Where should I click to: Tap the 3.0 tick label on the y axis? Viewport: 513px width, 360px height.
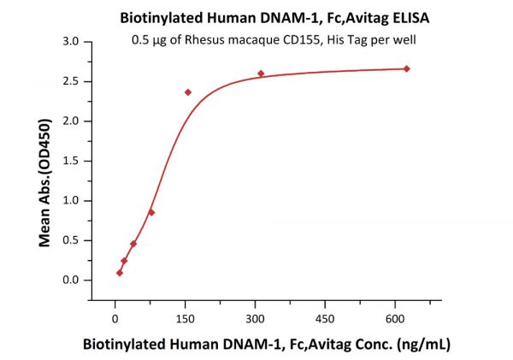coord(73,42)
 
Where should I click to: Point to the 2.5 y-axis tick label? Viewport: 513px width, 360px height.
coord(73,81)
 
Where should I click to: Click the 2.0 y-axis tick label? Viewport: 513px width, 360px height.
coord(73,121)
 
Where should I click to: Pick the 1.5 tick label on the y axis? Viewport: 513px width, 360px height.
coord(73,161)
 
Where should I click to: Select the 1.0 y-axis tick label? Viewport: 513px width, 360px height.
coord(73,201)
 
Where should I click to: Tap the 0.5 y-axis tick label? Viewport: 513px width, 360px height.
coord(73,240)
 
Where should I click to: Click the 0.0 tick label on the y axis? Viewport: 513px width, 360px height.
coord(73,280)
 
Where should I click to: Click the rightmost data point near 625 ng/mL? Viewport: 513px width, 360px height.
coord(406,68)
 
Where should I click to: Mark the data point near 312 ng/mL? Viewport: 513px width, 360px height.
coord(261,74)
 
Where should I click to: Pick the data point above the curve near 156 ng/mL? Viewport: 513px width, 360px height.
coord(188,92)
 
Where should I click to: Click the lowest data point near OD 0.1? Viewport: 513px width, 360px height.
coord(120,273)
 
